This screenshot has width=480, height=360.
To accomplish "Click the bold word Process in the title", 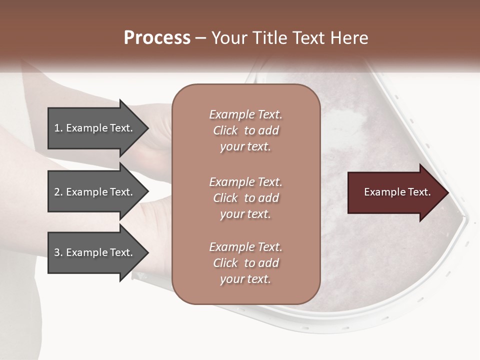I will pyautogui.click(x=157, y=38).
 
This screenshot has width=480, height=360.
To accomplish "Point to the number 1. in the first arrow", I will pyautogui.click(x=58, y=128).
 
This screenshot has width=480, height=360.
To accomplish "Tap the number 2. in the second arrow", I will pyautogui.click(x=58, y=192).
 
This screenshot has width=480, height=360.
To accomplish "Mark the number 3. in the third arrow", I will pyautogui.click(x=58, y=252).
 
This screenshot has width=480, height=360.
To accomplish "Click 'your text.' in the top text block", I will pyautogui.click(x=245, y=147).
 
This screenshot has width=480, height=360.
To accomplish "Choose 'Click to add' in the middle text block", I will pyautogui.click(x=245, y=198).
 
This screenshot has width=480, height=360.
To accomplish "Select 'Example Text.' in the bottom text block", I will pyautogui.click(x=245, y=247).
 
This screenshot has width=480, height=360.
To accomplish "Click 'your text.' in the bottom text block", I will pyautogui.click(x=245, y=279).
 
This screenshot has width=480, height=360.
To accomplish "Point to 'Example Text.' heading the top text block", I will pyautogui.click(x=245, y=114).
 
